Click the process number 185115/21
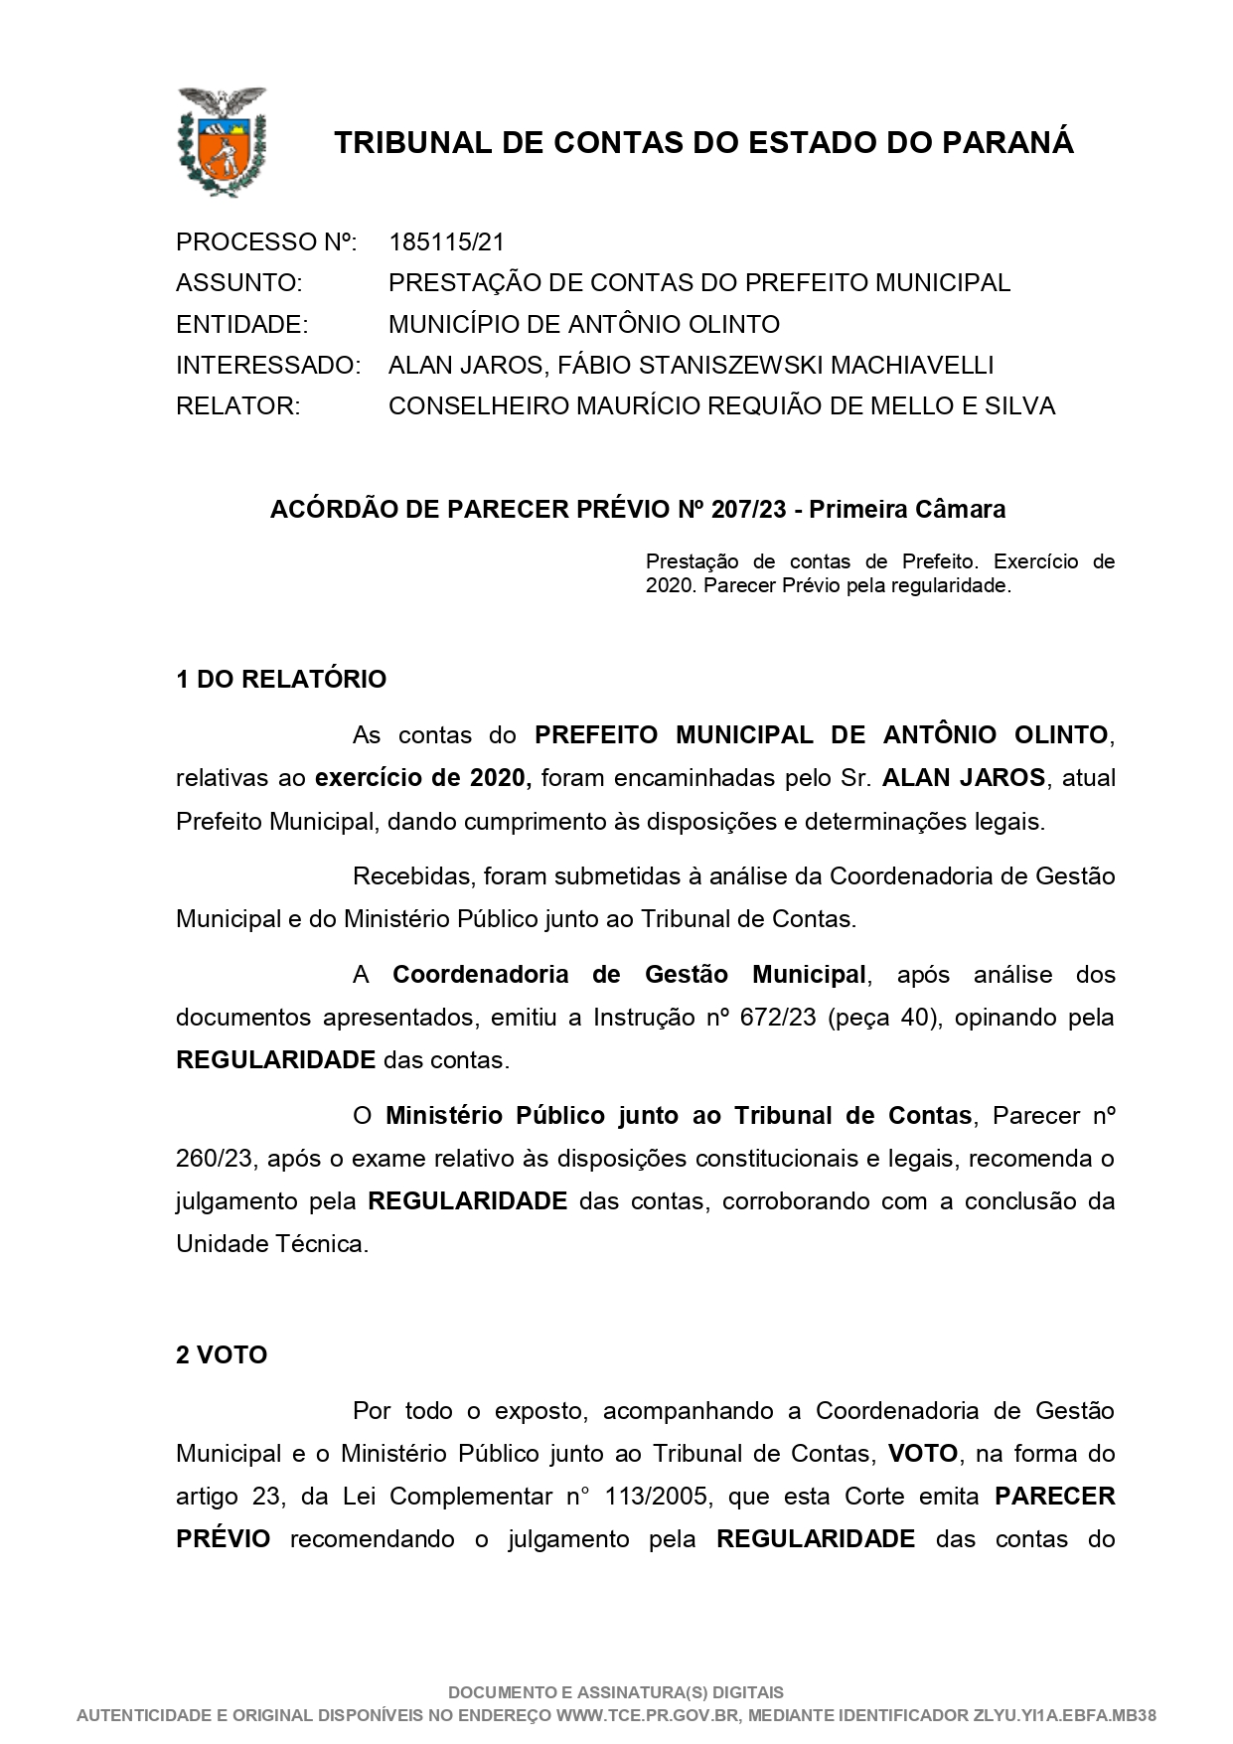[x=447, y=241]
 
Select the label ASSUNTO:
[x=238, y=283]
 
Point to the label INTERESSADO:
[x=267, y=366]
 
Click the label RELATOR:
[x=237, y=406]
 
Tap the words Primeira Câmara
[x=907, y=510]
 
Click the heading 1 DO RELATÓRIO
[x=281, y=680]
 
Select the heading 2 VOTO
[x=222, y=1355]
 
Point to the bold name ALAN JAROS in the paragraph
[x=964, y=778]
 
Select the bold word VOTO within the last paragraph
[x=923, y=1454]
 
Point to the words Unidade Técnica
[x=271, y=1244]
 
